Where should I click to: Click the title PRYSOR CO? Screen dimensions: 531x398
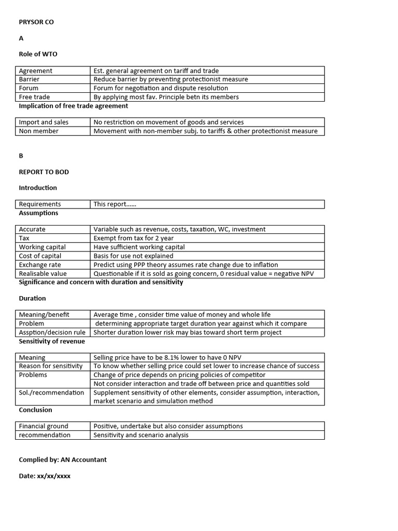[x=36, y=22]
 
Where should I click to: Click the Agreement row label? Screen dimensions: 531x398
[x=36, y=71]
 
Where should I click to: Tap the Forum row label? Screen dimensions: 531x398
[x=29, y=88]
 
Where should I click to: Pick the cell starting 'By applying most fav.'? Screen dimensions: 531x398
[x=166, y=97]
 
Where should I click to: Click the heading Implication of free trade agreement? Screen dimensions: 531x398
[x=73, y=106]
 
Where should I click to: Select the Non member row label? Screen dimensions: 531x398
[x=39, y=131]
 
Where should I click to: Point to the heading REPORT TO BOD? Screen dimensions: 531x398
[x=44, y=172]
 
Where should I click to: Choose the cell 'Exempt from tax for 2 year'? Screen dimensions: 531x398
[x=134, y=238]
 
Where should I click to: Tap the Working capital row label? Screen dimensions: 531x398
[x=42, y=247]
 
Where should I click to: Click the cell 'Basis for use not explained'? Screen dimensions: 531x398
[x=134, y=256]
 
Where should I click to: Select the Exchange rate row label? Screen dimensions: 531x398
[x=40, y=264]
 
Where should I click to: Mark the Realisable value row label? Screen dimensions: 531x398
[x=43, y=273]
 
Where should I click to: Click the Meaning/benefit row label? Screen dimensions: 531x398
[x=44, y=315]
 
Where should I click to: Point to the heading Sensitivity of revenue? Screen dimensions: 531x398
[x=52, y=341]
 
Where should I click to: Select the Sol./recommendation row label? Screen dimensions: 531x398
[x=51, y=393]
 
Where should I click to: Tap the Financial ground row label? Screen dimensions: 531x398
[x=44, y=426]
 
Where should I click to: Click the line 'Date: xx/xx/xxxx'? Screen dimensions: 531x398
[x=45, y=476]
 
